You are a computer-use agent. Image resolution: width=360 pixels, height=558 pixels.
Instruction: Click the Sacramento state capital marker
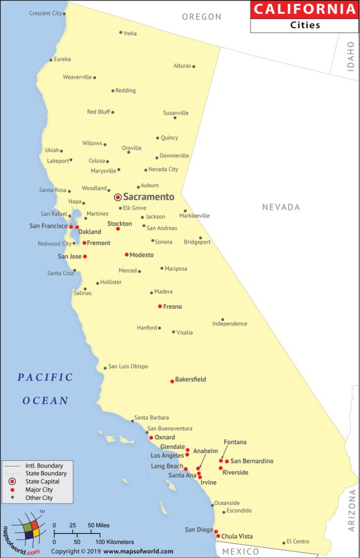click(118, 197)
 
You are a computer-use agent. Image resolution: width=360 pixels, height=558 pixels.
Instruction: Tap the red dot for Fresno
click(160, 306)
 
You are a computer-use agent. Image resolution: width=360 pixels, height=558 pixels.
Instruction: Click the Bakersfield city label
click(190, 379)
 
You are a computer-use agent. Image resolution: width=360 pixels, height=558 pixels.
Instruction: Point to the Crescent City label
click(45, 13)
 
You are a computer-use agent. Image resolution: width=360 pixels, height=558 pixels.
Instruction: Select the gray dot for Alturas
click(194, 66)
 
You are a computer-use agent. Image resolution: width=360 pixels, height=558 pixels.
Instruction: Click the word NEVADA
click(281, 207)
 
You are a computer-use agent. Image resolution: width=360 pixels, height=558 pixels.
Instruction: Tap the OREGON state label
click(202, 17)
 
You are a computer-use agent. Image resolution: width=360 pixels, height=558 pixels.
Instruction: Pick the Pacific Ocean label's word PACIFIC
click(45, 377)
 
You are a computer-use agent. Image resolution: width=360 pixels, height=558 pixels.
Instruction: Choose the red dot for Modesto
click(126, 254)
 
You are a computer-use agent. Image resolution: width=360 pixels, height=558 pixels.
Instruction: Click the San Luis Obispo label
click(128, 367)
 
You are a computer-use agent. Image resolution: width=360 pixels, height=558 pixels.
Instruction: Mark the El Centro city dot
click(284, 543)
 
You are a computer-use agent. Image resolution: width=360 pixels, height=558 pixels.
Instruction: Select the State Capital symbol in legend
click(12, 482)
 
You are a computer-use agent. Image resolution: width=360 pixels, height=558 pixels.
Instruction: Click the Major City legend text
click(39, 490)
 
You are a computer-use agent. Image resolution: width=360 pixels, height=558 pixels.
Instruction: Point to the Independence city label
click(229, 324)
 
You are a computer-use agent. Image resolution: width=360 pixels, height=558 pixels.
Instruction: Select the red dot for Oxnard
click(151, 438)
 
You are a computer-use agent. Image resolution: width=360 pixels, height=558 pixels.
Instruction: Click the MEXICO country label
click(241, 551)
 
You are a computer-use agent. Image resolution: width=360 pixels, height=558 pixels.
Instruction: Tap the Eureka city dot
click(51, 60)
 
